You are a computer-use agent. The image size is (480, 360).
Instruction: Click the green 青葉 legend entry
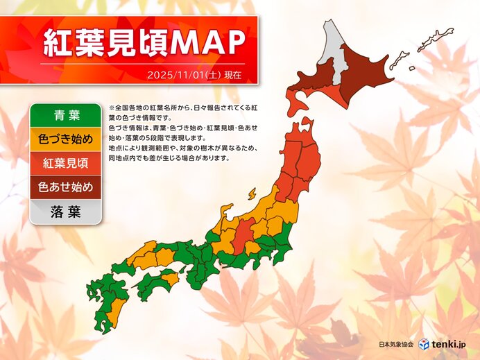point(66,114)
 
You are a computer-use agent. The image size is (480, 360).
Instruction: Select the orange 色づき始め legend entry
point(66,139)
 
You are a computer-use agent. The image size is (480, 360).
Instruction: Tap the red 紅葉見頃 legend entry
point(66,163)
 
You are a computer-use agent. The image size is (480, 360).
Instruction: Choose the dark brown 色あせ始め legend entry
point(66,187)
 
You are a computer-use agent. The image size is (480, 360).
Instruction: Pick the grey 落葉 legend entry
point(66,212)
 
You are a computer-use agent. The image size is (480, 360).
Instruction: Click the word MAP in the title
point(207,43)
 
